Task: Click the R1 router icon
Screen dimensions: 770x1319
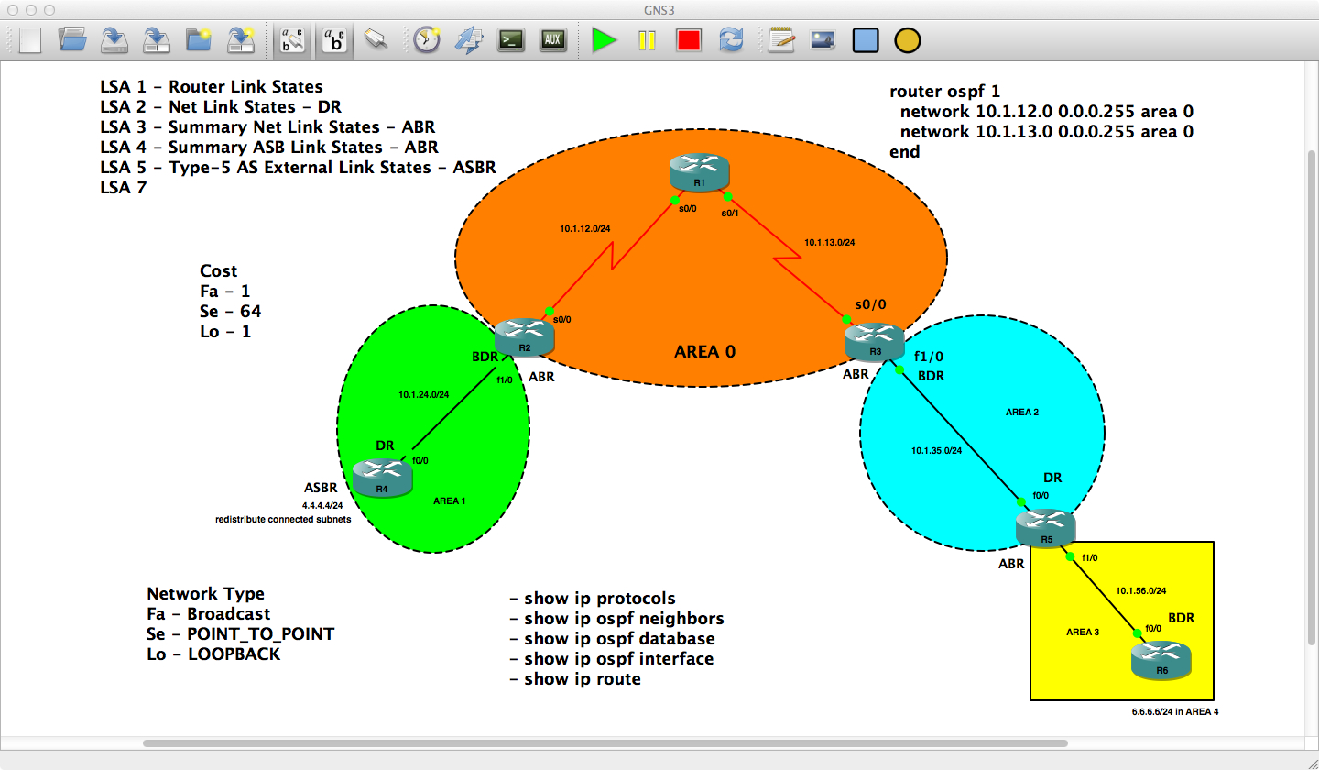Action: (699, 171)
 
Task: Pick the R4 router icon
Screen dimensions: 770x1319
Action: (382, 477)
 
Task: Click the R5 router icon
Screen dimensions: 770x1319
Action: (1045, 529)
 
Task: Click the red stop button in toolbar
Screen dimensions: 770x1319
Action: (689, 40)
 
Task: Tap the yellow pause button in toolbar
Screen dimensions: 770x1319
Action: (647, 40)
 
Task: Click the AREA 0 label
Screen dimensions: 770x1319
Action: (705, 351)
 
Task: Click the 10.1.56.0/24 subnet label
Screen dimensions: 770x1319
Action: (1140, 591)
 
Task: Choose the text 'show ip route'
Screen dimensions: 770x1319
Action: (575, 679)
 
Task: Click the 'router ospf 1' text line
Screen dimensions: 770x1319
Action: (945, 92)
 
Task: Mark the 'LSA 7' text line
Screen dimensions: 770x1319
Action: (123, 188)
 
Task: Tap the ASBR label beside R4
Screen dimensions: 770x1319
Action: (321, 488)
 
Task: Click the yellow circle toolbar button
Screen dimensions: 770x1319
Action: (907, 40)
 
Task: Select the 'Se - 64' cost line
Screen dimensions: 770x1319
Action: (230, 312)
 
